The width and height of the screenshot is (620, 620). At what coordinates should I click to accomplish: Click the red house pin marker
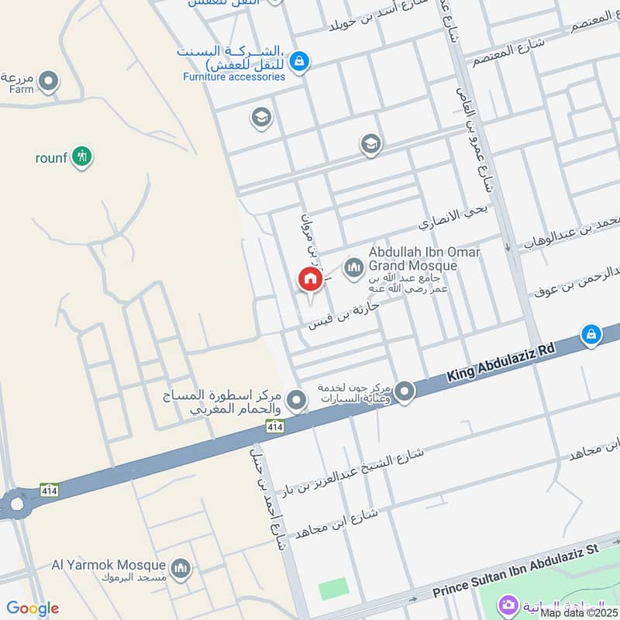coord(309,280)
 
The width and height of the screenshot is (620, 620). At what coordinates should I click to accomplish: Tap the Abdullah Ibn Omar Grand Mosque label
coord(424,259)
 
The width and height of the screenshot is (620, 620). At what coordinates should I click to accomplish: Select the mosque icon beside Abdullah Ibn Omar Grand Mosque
coord(354,268)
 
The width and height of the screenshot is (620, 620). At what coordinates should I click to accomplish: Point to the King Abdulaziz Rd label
coord(501,363)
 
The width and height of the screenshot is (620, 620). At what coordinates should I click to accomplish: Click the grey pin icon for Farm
coord(49,81)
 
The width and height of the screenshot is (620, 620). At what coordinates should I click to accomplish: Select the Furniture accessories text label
coord(234,77)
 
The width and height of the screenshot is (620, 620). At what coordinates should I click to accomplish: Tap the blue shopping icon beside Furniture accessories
coord(300,60)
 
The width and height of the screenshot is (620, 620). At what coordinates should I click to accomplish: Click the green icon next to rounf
coord(81,157)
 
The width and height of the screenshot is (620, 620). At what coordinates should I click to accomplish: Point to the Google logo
coord(33,608)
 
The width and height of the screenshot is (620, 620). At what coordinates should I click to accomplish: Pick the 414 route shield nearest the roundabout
coord(49,490)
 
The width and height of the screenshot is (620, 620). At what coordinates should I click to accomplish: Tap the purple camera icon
coord(508,604)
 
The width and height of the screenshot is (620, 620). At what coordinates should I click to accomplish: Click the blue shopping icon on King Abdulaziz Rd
coord(591,335)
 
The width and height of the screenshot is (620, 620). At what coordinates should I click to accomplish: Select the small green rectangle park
coord(334,589)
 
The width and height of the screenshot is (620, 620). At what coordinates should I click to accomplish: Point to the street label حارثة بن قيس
coord(345,313)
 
